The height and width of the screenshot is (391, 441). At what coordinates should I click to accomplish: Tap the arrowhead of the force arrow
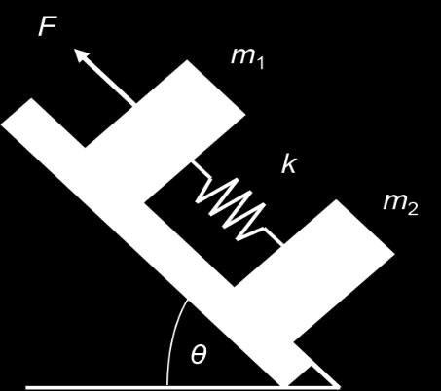coord(82,55)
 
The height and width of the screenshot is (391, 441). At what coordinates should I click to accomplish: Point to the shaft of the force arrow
coord(109,82)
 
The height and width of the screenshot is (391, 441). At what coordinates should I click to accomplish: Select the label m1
coord(247,58)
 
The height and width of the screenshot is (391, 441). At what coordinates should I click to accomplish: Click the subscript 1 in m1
coord(260,62)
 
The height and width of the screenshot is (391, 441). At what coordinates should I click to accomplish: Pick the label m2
coord(400,205)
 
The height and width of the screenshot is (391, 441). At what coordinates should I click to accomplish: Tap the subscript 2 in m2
coord(413,209)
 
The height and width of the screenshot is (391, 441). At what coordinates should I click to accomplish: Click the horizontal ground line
coord(183,388)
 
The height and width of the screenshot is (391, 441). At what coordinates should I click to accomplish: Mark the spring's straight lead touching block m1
coord(201,169)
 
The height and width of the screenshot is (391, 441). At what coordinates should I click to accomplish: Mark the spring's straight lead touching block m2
coord(275,235)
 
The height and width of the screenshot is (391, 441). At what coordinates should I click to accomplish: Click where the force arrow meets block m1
coord(133,105)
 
